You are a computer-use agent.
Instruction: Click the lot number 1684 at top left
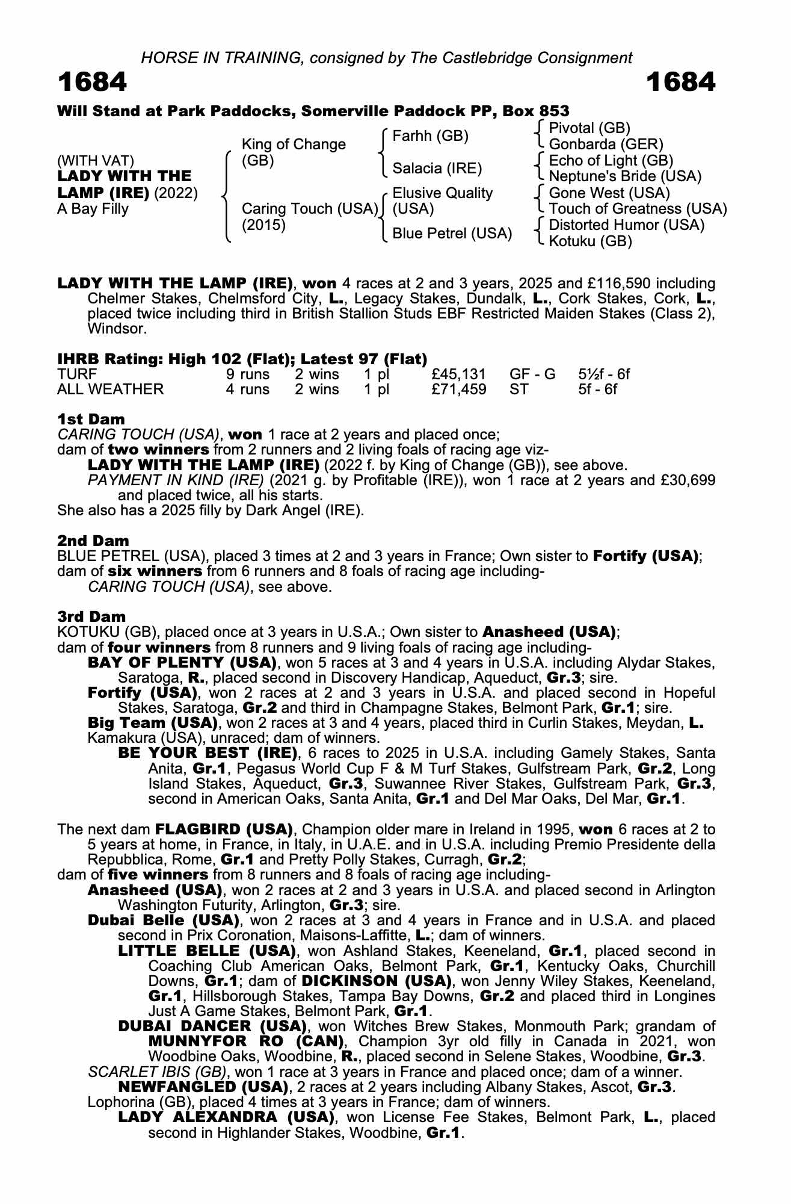(x=92, y=82)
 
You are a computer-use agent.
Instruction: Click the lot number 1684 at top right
(x=680, y=82)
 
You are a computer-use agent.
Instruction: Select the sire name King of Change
(x=294, y=144)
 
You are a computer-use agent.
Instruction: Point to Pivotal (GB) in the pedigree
(x=589, y=128)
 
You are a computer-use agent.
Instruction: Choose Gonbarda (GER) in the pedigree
(x=606, y=144)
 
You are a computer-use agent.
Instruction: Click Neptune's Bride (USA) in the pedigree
(x=625, y=176)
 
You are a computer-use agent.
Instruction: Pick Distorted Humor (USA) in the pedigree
(x=626, y=225)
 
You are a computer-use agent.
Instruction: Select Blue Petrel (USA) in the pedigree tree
(x=452, y=233)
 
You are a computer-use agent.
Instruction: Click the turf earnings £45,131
(x=459, y=374)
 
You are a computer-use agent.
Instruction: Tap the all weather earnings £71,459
(x=459, y=389)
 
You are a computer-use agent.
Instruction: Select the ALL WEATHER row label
(x=110, y=389)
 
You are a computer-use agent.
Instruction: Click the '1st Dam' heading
(x=91, y=419)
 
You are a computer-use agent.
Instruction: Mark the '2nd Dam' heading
(x=93, y=541)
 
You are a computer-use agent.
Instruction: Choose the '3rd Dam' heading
(x=92, y=616)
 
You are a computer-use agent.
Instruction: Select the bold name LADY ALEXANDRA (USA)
(x=226, y=1117)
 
